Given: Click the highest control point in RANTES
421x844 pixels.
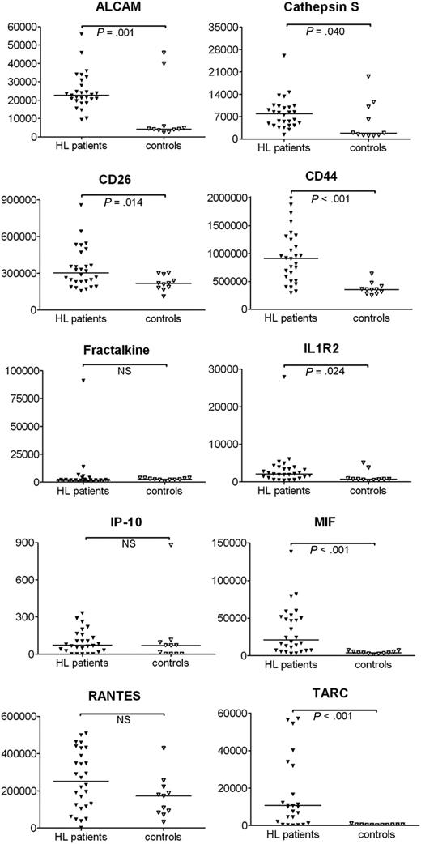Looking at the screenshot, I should click(x=163, y=748).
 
